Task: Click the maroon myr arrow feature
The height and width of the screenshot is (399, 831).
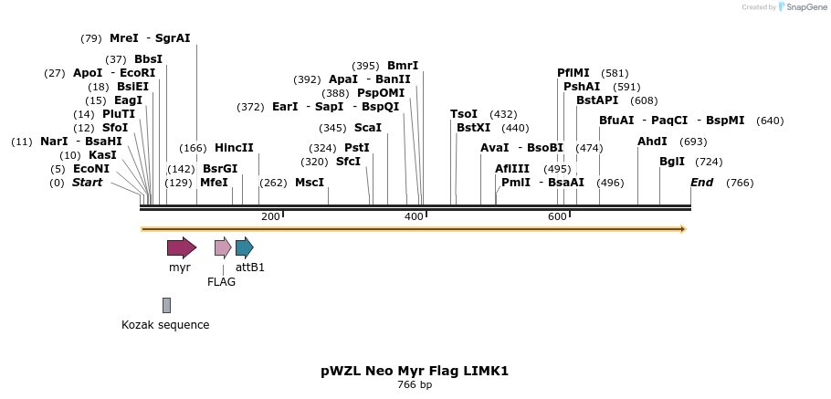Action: [181, 247]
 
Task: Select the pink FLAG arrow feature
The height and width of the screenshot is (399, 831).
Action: [223, 247]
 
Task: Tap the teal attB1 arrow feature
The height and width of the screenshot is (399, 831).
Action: [244, 247]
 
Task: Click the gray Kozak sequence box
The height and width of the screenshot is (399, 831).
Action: [166, 305]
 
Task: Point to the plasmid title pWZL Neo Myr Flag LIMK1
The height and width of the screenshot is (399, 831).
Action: [415, 371]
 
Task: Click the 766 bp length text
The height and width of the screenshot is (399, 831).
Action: [415, 385]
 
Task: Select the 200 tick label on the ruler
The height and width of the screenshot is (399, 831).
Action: [270, 216]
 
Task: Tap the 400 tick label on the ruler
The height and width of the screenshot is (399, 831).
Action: [414, 216]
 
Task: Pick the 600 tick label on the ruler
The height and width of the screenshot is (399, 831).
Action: [557, 216]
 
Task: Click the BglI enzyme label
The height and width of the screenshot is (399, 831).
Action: [672, 162]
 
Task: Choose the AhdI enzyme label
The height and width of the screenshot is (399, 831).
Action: [652, 142]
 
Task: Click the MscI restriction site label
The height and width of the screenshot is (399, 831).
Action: [310, 183]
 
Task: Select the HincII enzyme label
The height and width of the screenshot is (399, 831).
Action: [234, 148]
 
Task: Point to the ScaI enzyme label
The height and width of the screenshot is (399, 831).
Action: [367, 128]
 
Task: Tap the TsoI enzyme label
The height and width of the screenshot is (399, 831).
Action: [464, 114]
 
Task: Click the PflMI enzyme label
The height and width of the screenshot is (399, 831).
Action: [573, 73]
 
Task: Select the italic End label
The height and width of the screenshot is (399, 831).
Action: [701, 183]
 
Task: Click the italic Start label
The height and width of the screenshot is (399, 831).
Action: [88, 183]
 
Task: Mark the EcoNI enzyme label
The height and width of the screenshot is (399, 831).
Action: [91, 169]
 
